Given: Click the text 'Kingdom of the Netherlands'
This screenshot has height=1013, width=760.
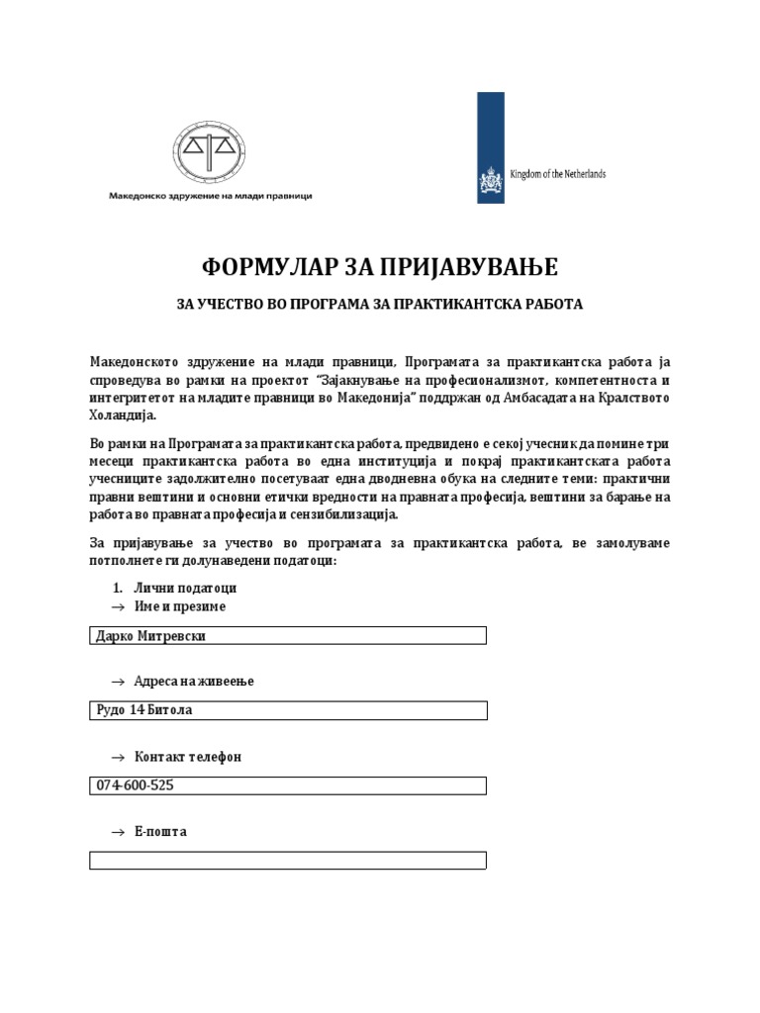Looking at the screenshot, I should pos(557,174).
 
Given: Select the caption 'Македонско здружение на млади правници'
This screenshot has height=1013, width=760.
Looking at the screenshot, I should pos(210,196).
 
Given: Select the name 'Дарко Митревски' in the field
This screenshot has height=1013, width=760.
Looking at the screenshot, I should pos(150,635).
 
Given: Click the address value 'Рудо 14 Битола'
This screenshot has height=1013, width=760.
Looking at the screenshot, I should pos(143,710).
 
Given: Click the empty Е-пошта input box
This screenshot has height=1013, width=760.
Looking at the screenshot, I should pos(287,861).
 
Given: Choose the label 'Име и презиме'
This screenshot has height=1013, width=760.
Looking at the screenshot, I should pos(180,606).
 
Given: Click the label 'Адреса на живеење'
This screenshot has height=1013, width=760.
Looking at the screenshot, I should pos(194,682).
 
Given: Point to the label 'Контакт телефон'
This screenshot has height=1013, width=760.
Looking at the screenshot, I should pos(187,757).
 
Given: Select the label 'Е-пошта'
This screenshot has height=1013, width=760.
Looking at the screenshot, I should pos(160,832).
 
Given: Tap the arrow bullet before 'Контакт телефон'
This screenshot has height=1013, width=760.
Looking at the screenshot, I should pos(118,757).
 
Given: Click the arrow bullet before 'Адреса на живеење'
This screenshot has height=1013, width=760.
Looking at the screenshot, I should pos(118,682).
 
